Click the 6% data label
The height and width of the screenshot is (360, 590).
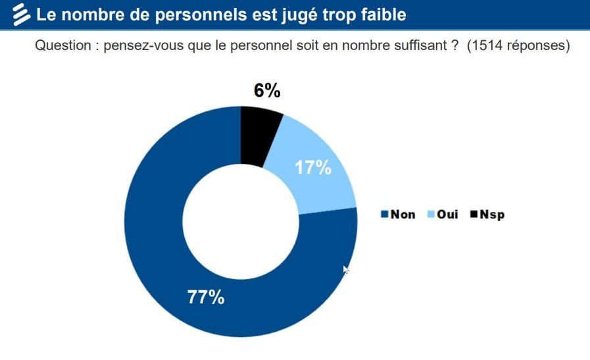pos(267,91)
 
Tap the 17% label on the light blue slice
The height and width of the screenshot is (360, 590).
pos(312,168)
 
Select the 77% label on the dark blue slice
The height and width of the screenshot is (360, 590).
pos(206,297)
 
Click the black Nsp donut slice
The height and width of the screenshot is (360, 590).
pos(259,136)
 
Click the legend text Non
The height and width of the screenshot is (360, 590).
pos(403,215)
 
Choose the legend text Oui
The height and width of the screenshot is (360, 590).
pos(448,215)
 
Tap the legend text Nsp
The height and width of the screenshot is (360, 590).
pos(492,215)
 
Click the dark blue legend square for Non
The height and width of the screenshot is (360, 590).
pos(385,215)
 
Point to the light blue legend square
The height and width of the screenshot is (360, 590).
pos(431,215)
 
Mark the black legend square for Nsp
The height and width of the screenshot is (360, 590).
pos(474,215)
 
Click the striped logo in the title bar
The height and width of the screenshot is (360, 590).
pos(21,14)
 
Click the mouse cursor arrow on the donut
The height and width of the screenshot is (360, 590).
pos(346,269)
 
